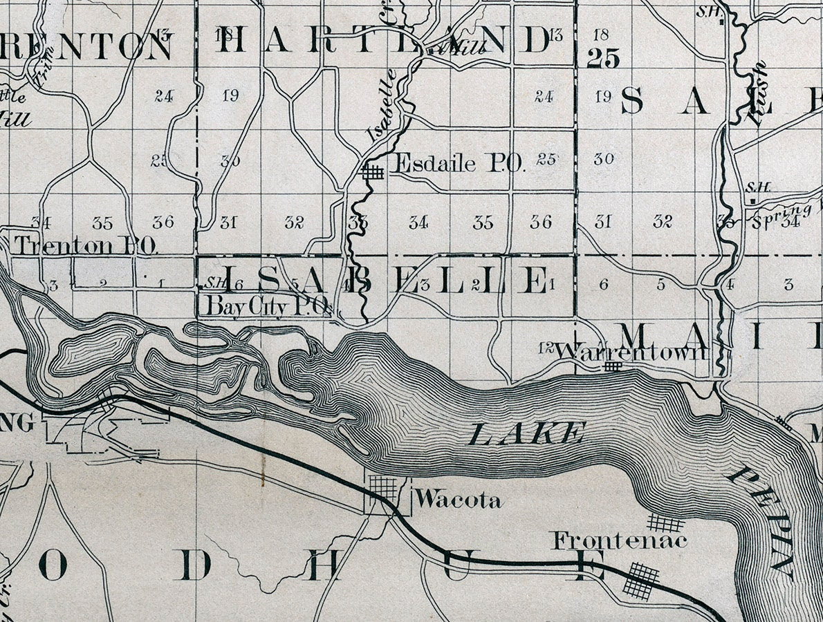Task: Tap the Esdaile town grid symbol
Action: pos(373,172)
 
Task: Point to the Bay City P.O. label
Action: pos(265,306)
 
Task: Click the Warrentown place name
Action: pos(631,352)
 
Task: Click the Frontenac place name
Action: pos(620,540)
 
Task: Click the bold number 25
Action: pos(603,59)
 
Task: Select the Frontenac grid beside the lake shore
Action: pos(665,522)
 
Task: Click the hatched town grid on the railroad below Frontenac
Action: pos(641,580)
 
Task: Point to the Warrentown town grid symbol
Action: pos(612,366)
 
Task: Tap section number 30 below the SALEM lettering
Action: pos(604,159)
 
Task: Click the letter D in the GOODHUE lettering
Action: pos(196,567)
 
